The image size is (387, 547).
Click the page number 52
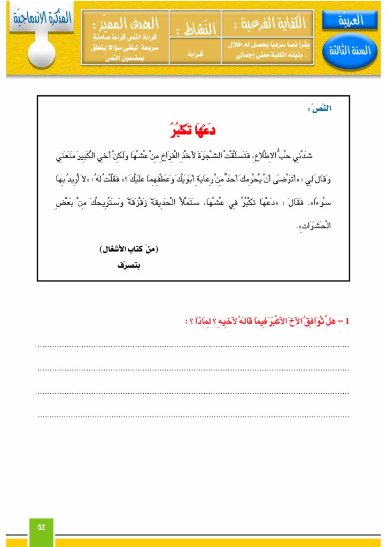[x=41, y=527]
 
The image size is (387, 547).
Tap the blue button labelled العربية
[x=351, y=21]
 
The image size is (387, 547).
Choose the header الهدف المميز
[x=127, y=24]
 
